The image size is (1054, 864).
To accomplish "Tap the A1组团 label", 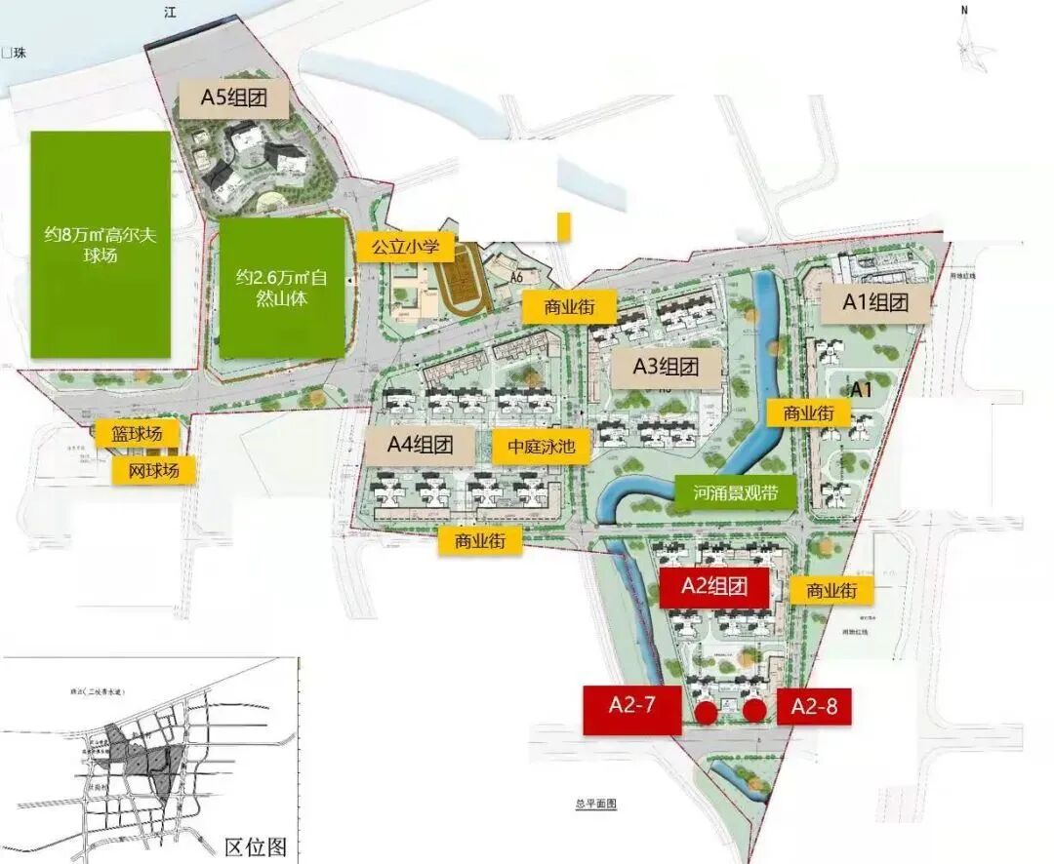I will (x=875, y=302).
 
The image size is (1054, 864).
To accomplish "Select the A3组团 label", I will (x=667, y=367).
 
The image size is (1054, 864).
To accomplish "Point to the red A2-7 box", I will (x=631, y=709).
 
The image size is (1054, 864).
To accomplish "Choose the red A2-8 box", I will (x=814, y=707).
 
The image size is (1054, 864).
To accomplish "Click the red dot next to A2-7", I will (x=706, y=712).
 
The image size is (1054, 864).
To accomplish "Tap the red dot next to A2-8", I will (x=753, y=711).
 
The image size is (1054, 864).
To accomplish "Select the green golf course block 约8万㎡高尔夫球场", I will (x=101, y=244).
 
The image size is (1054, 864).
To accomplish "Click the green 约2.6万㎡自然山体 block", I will (x=281, y=288).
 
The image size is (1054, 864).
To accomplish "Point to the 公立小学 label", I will (x=406, y=246).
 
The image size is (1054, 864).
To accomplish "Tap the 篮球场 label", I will (x=136, y=433).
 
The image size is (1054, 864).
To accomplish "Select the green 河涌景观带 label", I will (x=736, y=494).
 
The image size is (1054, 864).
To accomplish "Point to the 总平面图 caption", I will (x=596, y=804).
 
